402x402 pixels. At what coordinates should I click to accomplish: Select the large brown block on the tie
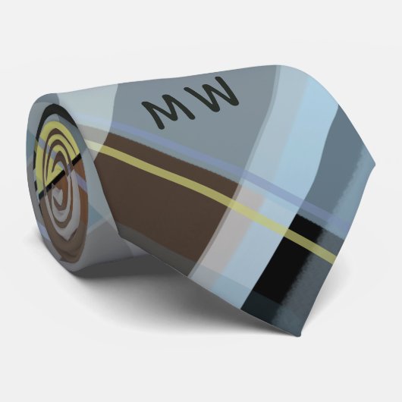pos(164,195)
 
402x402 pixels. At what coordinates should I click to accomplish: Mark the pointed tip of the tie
pos(375,161)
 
